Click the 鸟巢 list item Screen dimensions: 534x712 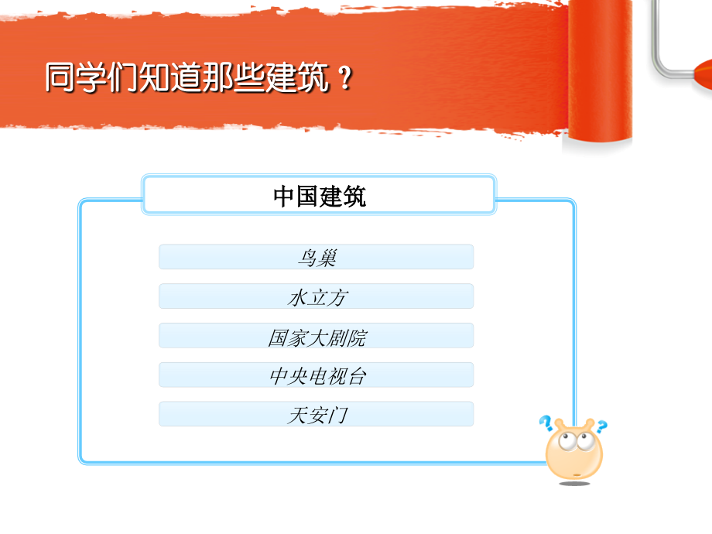point(316,257)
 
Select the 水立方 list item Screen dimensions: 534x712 point(316,296)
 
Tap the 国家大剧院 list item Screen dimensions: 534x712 point(316,336)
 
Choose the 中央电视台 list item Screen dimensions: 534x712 point(316,375)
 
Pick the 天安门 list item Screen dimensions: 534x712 point(316,414)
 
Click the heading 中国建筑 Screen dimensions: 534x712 point(319,195)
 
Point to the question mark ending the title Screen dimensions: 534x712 point(345,80)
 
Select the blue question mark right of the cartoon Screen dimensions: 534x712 point(601,425)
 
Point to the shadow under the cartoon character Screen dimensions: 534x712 point(574,484)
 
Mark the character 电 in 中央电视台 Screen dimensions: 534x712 point(317,376)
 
